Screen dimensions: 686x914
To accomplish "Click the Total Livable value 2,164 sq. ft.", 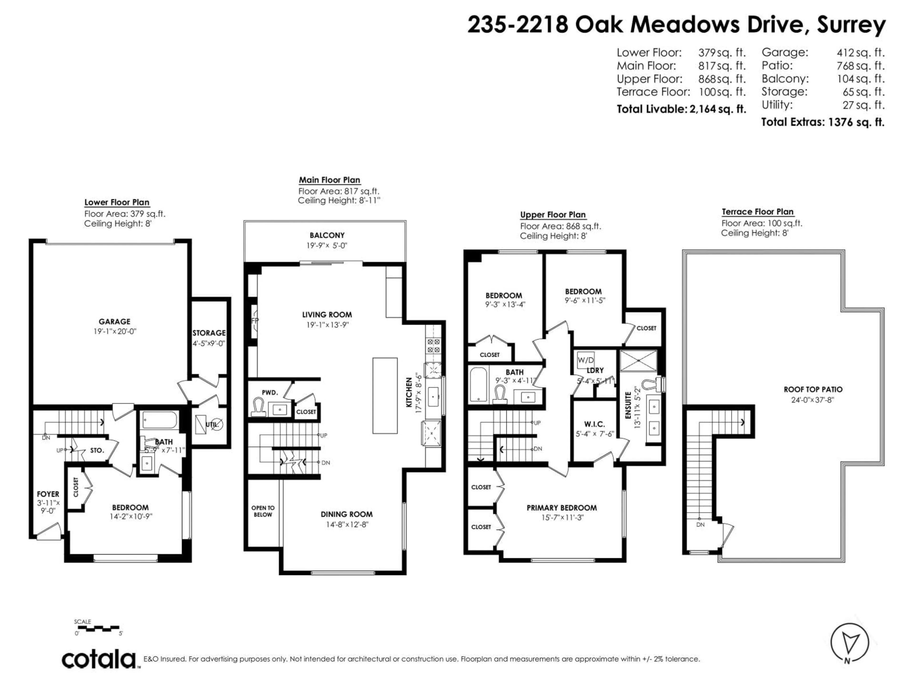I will coord(717,109).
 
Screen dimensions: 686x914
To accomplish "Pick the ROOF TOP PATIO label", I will coord(813,389).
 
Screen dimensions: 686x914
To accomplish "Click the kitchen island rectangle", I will coord(385,395).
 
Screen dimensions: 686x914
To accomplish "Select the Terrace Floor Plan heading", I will coord(757,212).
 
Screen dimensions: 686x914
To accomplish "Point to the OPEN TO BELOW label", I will coord(263,511).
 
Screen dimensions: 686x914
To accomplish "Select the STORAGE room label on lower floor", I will coord(209,333).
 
